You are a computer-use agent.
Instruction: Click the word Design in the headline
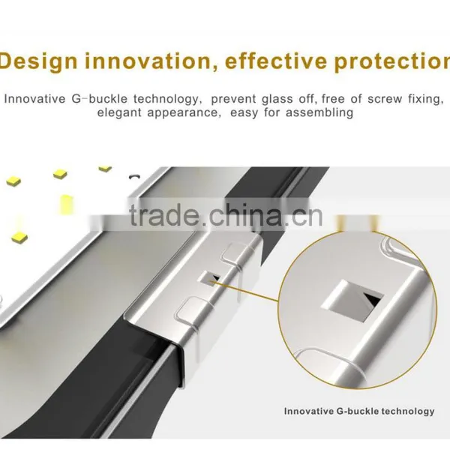(39, 61)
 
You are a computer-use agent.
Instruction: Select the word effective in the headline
(276, 61)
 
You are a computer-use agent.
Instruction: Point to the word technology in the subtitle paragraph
(166, 99)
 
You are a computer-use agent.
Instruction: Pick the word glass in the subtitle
(277, 99)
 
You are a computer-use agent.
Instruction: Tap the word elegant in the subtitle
(119, 112)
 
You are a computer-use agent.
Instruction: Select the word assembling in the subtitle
(319, 112)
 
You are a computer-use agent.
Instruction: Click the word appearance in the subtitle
(184, 113)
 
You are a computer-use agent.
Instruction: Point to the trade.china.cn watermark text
(226, 215)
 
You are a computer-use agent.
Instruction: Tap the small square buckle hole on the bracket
(209, 277)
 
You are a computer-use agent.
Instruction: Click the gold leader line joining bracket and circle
(245, 292)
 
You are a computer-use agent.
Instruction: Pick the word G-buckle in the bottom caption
(358, 411)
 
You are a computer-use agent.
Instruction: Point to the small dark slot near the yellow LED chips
(133, 176)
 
